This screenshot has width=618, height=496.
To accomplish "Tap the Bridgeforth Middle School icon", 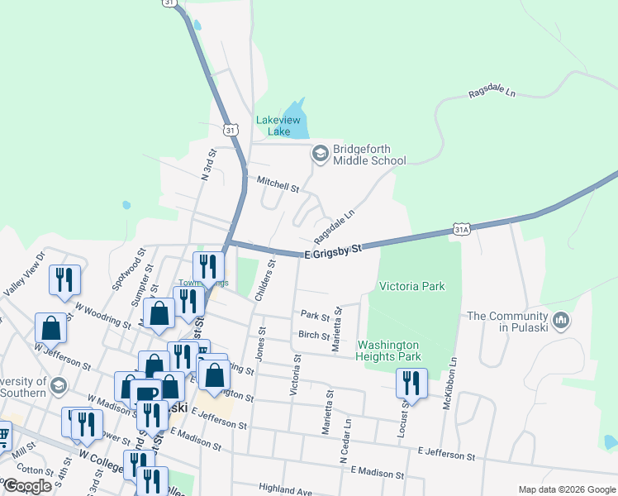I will (320, 154).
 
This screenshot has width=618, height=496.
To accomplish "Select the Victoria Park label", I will (411, 287).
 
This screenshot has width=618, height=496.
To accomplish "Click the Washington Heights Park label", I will (389, 351).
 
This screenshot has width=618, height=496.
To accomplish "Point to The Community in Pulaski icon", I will (561, 319).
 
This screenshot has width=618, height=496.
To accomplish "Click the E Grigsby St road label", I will (333, 249).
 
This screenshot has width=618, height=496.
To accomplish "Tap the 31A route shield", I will (461, 229).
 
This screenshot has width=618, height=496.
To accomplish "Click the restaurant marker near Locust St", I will (411, 383).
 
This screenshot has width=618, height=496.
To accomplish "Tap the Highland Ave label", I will (286, 489).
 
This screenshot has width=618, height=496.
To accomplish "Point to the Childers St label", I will (265, 280).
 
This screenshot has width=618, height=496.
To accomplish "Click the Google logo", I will (28, 486).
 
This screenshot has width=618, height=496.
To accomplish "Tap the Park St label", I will (315, 316).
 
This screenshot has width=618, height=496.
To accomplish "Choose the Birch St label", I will (315, 336).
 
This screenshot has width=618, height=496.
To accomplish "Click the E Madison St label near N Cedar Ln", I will (377, 473).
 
